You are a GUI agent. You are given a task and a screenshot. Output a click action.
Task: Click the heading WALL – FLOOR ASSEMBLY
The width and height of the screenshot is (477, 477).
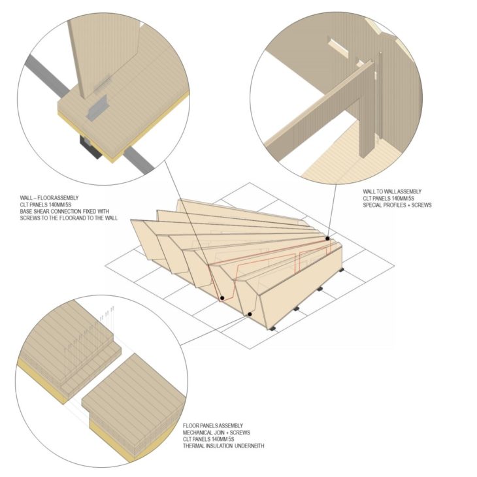(49, 198)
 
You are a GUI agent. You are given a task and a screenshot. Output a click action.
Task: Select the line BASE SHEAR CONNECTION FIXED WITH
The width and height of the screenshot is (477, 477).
(65, 211)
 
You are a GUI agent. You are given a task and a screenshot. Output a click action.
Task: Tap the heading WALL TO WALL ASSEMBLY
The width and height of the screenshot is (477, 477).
(392, 191)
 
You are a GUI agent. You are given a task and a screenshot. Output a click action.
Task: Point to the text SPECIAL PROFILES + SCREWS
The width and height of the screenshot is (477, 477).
(397, 205)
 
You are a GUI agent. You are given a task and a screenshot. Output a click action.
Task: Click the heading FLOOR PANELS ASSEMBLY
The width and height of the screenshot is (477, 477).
(213, 425)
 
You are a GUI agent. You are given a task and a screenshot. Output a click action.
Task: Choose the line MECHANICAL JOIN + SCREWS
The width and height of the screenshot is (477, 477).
(216, 433)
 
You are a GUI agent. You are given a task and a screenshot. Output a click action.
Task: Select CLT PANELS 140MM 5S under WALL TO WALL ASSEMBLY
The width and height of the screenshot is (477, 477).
(389, 199)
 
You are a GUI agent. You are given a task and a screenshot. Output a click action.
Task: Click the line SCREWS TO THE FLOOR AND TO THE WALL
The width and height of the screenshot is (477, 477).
(69, 218)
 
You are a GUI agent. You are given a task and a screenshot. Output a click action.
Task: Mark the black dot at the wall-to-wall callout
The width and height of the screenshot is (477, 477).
(327, 238)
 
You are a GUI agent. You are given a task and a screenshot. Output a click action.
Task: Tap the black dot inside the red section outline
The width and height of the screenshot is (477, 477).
(222, 298)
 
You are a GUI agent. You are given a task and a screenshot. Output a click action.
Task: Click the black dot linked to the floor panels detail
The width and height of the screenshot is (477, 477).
(250, 314)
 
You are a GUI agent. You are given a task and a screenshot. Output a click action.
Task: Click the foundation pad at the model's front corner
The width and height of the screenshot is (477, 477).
(273, 328)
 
